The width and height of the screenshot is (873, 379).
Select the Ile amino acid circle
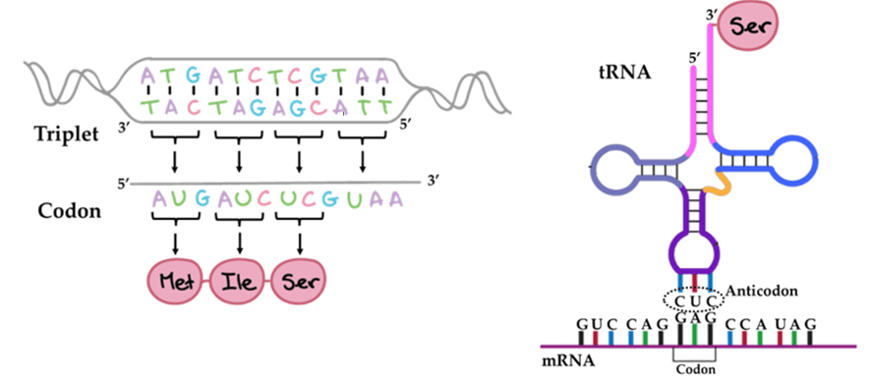[x=240, y=284]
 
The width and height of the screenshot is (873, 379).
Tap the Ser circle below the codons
[x=301, y=284]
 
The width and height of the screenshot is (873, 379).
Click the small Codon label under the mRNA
[x=695, y=370]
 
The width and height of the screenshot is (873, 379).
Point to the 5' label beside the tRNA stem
[x=696, y=60]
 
